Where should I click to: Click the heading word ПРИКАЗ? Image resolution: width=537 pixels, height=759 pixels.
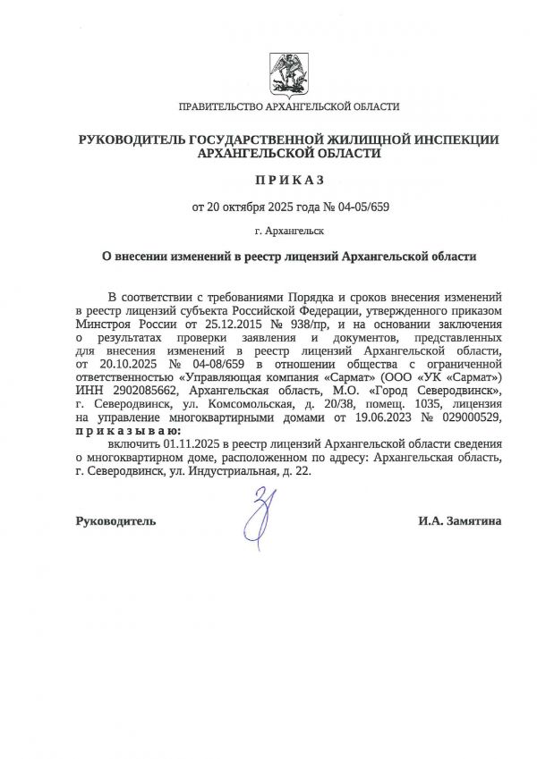coord(288,180)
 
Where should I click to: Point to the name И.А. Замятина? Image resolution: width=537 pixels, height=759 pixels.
coord(459,520)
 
